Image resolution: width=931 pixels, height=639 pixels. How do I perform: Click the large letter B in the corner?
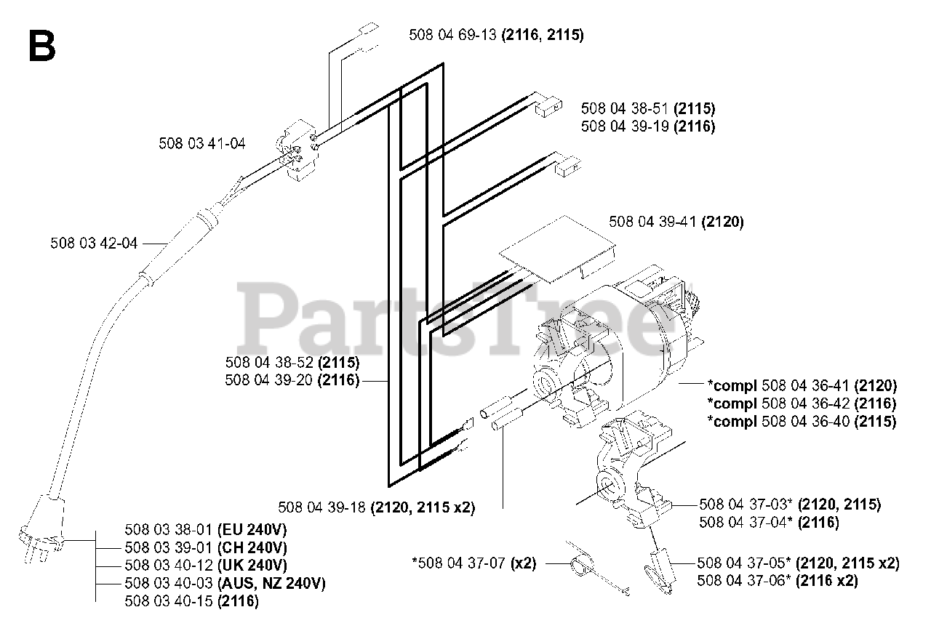tap(42, 47)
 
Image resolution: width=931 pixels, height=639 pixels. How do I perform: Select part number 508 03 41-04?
tap(202, 144)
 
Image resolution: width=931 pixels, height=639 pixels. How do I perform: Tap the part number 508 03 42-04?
tap(94, 244)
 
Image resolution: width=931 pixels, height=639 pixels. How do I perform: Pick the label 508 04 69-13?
tap(452, 35)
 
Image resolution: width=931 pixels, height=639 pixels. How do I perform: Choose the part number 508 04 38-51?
tap(625, 109)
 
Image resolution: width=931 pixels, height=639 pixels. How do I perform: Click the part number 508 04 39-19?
tap(625, 126)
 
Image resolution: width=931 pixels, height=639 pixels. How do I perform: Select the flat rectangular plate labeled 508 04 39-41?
tap(557, 249)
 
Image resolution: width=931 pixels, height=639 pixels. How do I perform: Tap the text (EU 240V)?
tap(252, 530)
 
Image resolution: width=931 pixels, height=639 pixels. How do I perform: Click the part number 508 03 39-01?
tap(169, 547)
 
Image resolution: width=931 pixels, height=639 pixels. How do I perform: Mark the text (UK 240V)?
tap(252, 566)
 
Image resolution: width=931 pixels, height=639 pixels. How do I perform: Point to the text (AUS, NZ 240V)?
tap(271, 584)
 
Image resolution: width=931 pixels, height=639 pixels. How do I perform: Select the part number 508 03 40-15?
tap(169, 601)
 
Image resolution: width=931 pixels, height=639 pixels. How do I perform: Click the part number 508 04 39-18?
tap(321, 507)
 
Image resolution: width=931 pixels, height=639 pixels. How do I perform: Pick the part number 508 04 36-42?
tap(805, 404)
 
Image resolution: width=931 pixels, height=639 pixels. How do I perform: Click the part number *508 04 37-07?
tap(459, 563)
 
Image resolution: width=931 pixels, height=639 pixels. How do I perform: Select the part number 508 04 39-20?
tap(269, 380)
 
